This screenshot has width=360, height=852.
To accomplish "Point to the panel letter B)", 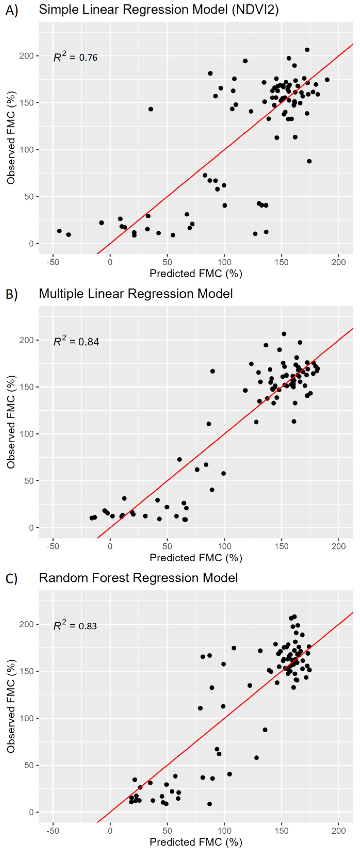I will (x=12, y=294).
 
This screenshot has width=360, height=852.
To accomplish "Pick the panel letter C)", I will (x=12, y=578).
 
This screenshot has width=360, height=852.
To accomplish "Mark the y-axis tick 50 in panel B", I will (x=29, y=481).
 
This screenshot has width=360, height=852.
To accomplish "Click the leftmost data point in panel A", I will (x=59, y=231).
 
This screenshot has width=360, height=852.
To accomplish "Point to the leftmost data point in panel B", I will (x=92, y=518).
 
